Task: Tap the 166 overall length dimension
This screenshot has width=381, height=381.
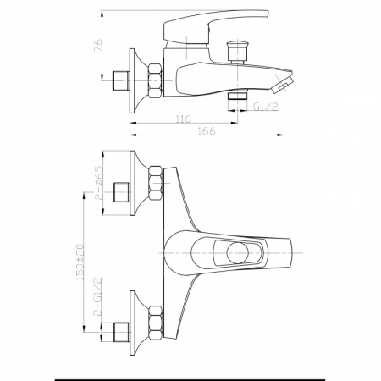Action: coord(203,133)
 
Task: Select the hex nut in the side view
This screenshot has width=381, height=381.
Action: coord(156,80)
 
